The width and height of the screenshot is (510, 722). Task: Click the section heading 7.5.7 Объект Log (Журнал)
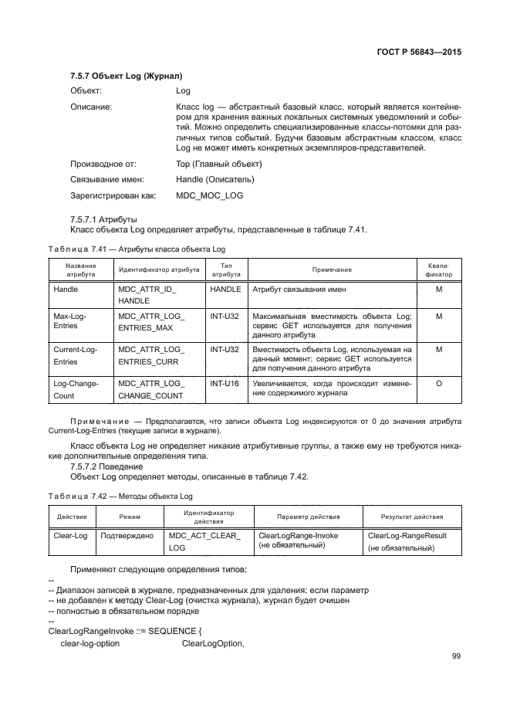(126, 76)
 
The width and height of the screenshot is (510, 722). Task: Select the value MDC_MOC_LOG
(209, 195)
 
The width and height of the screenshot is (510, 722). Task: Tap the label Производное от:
(103, 164)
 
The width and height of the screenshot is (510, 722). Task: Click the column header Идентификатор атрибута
(158, 269)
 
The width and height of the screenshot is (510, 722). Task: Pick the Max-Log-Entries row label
(69, 323)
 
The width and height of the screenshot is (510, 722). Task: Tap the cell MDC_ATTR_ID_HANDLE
(147, 294)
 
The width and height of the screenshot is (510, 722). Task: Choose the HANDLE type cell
(225, 289)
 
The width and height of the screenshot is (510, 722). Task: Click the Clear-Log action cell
(69, 534)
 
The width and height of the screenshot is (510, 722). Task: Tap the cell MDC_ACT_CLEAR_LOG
(204, 541)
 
